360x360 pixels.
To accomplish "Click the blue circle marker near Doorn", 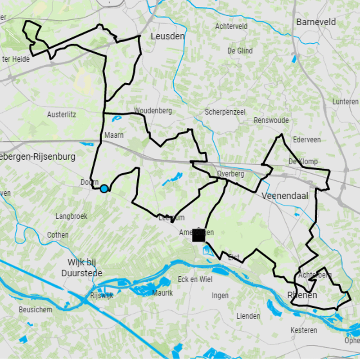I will coord(104,189).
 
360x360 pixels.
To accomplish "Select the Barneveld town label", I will coord(316,22).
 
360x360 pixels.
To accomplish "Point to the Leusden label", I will coord(168,36).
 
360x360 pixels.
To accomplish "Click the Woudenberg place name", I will coord(153,111).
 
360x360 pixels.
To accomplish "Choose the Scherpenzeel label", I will coord(225,112).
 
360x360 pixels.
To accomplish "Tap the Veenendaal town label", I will coord(284,196).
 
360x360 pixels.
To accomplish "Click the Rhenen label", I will coord(302,295).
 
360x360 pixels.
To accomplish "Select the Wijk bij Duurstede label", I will coord(85,268).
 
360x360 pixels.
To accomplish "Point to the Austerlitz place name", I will coord(62,115).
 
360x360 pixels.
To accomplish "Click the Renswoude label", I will coord(271,121).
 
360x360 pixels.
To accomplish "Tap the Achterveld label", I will coord(231,27).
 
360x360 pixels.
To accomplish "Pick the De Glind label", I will coord(240,51).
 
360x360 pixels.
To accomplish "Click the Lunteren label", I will coord(346,102).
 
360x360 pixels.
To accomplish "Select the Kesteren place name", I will coord(304,330).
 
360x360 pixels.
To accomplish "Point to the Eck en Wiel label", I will coord(195,279).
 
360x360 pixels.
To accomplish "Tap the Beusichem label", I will coord(36,310).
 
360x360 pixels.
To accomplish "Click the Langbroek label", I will coord(71,216).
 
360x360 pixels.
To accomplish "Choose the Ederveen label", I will coord(307,139).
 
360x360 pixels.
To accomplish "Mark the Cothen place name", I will coord(58,235).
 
